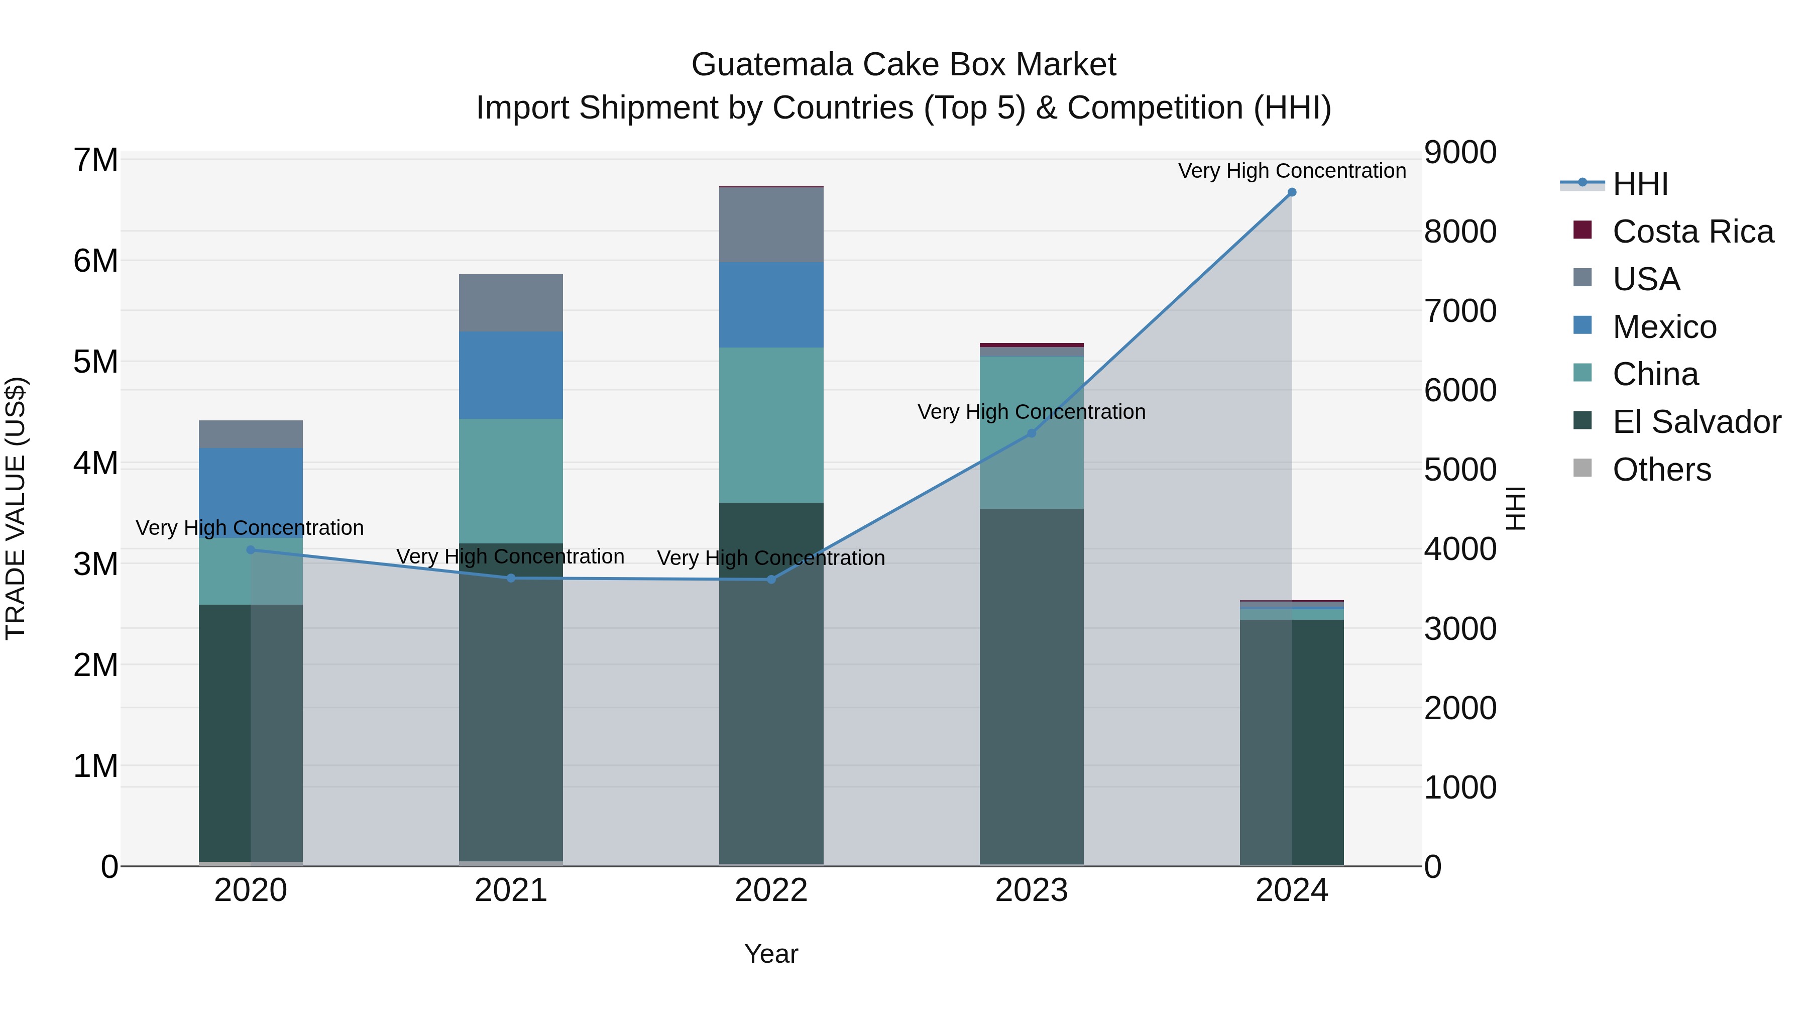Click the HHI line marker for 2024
point(1291,192)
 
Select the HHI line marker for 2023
point(1031,433)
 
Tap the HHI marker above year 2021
point(511,579)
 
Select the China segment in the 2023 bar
point(1031,393)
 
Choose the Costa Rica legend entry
point(1692,232)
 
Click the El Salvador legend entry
point(1696,422)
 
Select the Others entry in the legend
point(1661,470)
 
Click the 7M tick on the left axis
point(95,160)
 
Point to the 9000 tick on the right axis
point(1460,152)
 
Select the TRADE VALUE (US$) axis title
point(16,508)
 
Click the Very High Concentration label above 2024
point(1291,171)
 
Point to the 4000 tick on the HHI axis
point(1460,549)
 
